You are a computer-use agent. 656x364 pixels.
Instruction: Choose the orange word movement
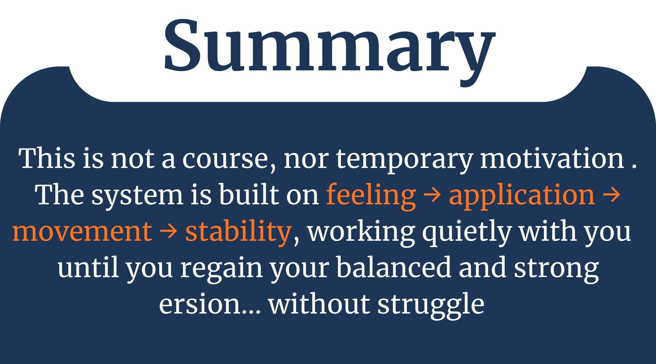(82, 231)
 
